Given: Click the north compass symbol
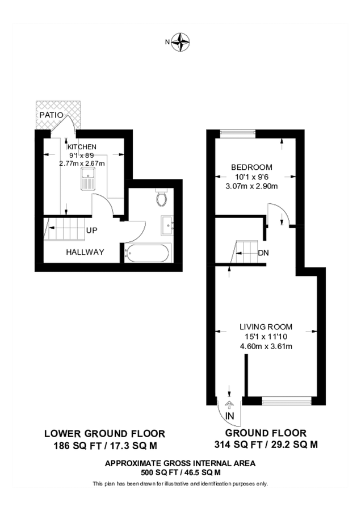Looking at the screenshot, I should (181, 41).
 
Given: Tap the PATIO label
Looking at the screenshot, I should (50, 115).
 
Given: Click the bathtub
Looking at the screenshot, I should (146, 253).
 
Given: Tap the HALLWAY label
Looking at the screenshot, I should (85, 252).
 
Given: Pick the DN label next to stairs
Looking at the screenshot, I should (263, 253).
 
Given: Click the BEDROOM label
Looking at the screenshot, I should (251, 167).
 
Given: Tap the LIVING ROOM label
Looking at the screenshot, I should (265, 326).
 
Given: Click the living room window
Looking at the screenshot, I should (287, 401).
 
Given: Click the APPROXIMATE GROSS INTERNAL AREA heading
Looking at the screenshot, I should (180, 463).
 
